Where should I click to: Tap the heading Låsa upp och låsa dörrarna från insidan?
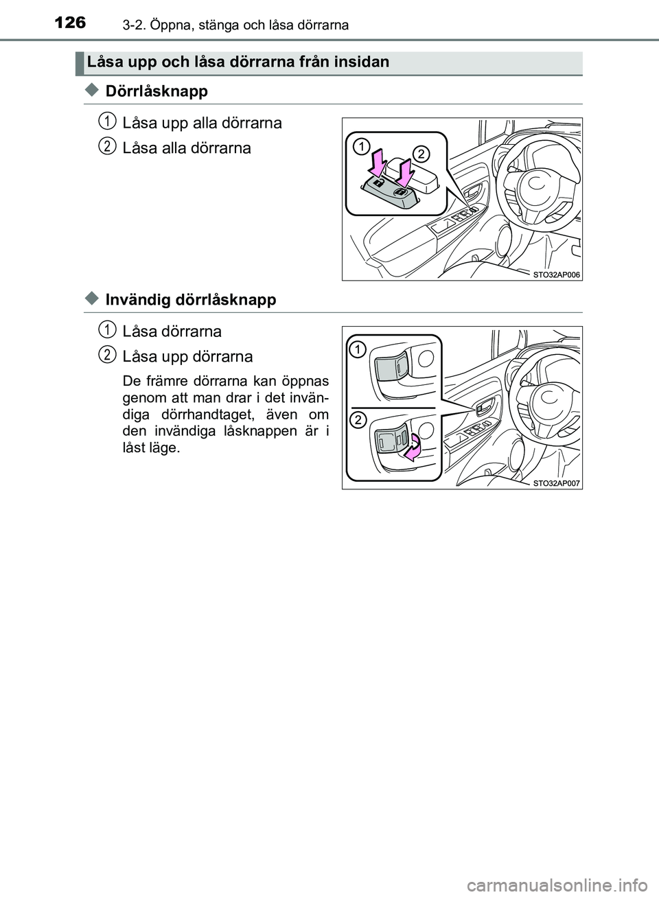click(x=238, y=62)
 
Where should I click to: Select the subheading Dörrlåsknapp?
click(x=157, y=91)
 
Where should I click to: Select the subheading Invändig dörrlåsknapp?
click(x=191, y=299)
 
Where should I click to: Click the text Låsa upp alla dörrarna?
click(x=202, y=124)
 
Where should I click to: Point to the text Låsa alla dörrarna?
click(x=187, y=148)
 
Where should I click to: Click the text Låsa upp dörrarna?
click(x=187, y=357)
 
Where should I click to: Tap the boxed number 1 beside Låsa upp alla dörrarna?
click(x=106, y=121)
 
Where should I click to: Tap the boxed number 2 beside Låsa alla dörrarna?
click(x=106, y=146)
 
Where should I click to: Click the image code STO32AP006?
click(x=556, y=274)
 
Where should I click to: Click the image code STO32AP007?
click(x=556, y=482)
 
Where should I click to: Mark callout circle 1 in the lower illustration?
click(x=357, y=351)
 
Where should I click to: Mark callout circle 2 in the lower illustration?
click(x=357, y=420)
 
